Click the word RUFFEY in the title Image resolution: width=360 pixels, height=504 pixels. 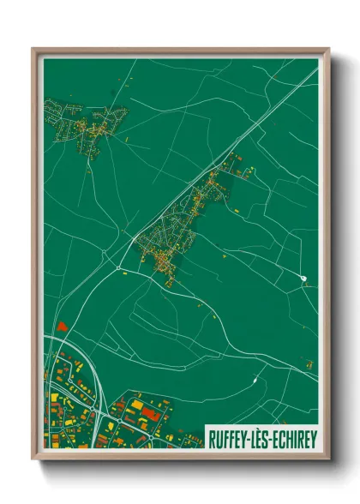click(x=231, y=439)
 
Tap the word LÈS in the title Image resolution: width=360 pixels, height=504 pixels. click(x=264, y=439)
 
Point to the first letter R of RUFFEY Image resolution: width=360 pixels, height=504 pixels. click(x=212, y=439)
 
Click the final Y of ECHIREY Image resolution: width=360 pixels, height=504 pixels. click(x=313, y=439)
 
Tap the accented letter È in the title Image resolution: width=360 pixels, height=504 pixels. click(x=264, y=439)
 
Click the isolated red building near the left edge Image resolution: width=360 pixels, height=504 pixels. click(x=61, y=326)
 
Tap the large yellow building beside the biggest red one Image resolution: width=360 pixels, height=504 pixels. click(x=137, y=404)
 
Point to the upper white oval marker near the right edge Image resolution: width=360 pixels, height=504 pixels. click(x=304, y=277)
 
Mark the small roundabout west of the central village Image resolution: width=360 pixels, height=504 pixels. click(x=117, y=267)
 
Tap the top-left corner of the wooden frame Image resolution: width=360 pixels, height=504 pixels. click(x=34, y=50)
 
